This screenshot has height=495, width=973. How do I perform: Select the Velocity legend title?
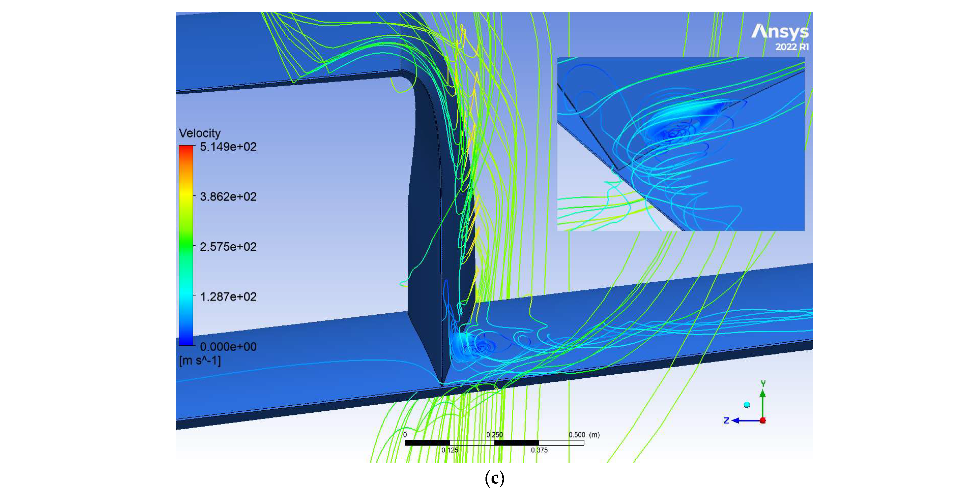[x=200, y=133]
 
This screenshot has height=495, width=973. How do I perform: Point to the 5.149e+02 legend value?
[x=228, y=147]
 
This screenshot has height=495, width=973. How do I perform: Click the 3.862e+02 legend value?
[x=228, y=197]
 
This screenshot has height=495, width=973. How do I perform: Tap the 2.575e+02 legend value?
[x=228, y=247]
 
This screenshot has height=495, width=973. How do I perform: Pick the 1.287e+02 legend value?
[x=228, y=297]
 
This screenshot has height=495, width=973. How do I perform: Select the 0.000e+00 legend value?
[x=228, y=347]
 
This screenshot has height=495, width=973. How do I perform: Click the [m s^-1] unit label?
[x=200, y=361]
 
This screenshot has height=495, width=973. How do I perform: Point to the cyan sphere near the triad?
[x=747, y=405]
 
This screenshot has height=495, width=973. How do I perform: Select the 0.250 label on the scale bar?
[x=494, y=435]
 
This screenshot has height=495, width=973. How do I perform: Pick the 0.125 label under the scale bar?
[x=450, y=450]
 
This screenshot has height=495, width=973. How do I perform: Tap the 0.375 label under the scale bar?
[x=539, y=450]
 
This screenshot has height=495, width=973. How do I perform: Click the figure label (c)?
[x=494, y=479]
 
